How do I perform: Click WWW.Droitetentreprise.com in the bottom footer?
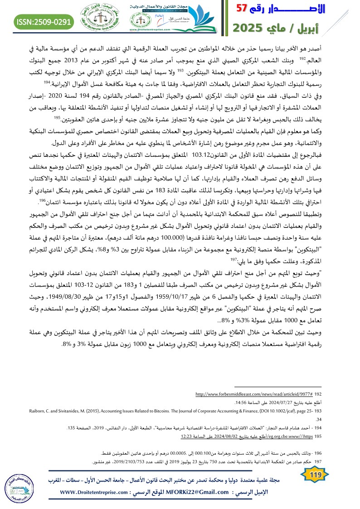[93, 492]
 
